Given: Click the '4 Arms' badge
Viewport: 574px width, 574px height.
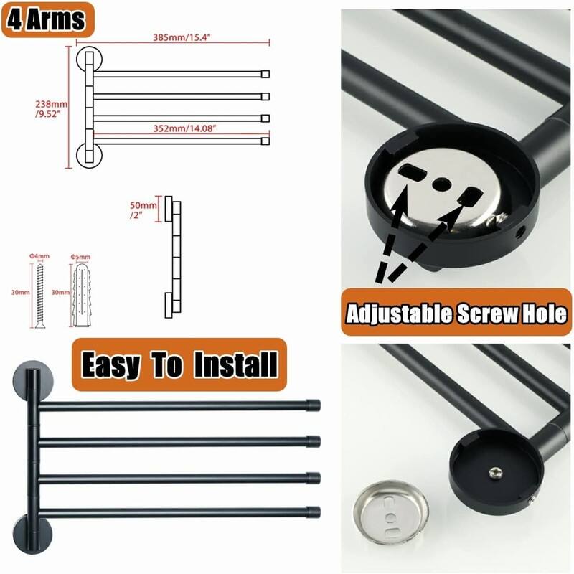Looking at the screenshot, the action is click(x=48, y=20).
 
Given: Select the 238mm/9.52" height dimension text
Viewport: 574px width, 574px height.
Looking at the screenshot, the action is click(x=51, y=109).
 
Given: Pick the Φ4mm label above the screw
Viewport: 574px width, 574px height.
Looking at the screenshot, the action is click(x=39, y=256).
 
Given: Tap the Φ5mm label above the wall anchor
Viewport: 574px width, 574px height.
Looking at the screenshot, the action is click(x=80, y=257).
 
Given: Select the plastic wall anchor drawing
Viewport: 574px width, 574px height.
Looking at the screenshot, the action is click(x=80, y=296).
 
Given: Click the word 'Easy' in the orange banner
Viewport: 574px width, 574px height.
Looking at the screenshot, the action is click(x=110, y=365).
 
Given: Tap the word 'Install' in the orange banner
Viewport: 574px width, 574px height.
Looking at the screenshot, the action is click(x=236, y=364).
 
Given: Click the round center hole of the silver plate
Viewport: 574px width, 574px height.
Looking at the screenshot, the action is click(x=441, y=183).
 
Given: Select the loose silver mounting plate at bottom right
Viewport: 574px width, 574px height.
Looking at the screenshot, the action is click(x=390, y=509).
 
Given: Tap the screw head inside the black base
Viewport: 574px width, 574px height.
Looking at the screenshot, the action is click(x=496, y=473).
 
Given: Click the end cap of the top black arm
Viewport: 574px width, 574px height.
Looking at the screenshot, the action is click(x=314, y=405).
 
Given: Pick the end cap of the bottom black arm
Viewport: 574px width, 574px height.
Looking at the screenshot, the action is click(x=314, y=512).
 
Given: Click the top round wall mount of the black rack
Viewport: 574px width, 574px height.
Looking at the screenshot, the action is click(x=32, y=382).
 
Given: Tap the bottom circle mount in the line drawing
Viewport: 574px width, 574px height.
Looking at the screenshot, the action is click(x=89, y=156).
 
